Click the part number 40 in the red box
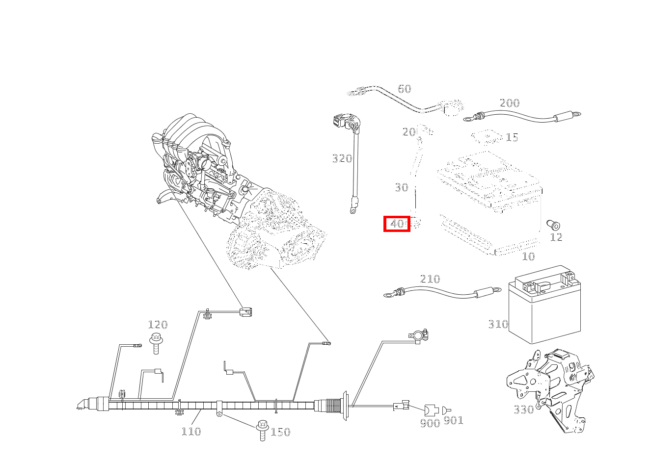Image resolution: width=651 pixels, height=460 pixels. (x=397, y=224)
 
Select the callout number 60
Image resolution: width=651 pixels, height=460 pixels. (x=404, y=89)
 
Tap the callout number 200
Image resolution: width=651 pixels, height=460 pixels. (x=509, y=103)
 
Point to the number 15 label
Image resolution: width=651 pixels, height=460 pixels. (x=512, y=137)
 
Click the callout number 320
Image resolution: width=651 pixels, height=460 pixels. (x=342, y=158)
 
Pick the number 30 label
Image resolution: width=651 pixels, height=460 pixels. (x=401, y=187)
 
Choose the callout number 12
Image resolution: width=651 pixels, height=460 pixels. (x=556, y=237)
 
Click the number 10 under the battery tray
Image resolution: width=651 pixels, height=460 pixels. (x=528, y=256)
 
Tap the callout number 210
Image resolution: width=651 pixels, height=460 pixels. (x=430, y=279)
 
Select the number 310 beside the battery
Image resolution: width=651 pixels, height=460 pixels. (x=498, y=324)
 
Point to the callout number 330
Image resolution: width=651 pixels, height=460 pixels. (x=523, y=409)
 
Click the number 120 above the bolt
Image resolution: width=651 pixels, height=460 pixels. (x=158, y=325)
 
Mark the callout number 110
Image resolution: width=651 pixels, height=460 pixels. (x=191, y=432)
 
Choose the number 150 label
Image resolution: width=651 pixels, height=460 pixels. (x=280, y=432)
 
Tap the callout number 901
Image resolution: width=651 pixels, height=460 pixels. (x=453, y=421)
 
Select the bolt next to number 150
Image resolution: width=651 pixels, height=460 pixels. (x=263, y=430)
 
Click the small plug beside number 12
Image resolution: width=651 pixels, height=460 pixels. (x=553, y=225)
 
